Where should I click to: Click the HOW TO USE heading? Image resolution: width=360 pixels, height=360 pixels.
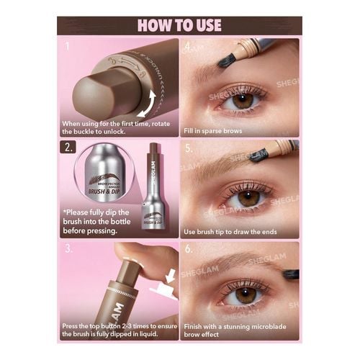(179, 25)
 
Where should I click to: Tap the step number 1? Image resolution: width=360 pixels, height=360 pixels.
(67, 48)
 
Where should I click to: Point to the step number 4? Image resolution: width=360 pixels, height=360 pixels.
(187, 49)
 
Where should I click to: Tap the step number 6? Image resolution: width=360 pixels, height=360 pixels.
(187, 251)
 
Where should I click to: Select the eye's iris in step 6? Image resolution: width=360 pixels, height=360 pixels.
(246, 295)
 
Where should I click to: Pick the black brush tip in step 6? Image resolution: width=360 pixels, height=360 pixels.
(290, 274)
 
